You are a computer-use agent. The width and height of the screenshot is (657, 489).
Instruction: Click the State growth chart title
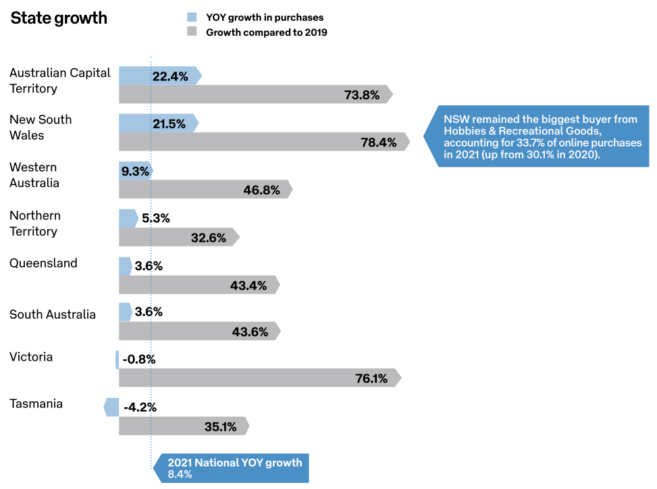point(59,18)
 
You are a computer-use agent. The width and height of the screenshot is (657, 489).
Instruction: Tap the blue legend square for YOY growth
point(191,18)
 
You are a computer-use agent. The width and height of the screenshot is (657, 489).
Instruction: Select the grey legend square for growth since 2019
point(191,32)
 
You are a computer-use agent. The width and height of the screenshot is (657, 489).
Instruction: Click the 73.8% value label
point(362,95)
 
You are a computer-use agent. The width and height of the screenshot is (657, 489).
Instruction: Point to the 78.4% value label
point(379,142)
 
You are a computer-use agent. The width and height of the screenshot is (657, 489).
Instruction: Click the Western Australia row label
point(34,175)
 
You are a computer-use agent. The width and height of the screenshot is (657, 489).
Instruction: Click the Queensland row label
point(43,263)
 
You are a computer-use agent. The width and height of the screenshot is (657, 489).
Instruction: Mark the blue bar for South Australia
point(125,312)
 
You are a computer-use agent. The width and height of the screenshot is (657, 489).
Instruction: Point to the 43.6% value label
point(250,332)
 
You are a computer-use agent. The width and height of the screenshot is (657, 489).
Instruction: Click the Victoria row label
point(31,357)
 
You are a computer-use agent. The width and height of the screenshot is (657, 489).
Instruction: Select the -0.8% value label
point(139,359)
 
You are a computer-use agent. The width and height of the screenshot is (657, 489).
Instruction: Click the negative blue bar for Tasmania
point(111,407)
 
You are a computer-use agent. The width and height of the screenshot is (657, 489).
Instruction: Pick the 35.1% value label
point(220,426)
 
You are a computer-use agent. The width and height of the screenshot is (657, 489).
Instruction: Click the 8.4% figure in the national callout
point(180,474)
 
